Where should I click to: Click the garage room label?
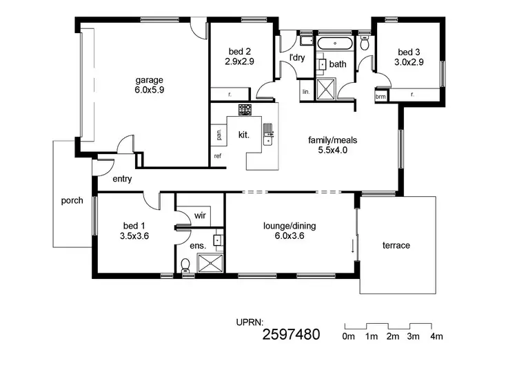tap(149, 79)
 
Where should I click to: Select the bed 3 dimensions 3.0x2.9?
tap(409, 62)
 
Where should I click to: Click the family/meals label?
tap(332, 139)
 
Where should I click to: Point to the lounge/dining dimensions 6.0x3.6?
tap(289, 235)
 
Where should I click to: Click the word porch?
tap(72, 201)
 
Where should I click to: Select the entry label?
tap(122, 180)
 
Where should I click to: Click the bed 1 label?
tap(134, 225)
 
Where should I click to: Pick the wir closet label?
tap(200, 215)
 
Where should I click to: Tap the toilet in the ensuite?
tap(185, 265)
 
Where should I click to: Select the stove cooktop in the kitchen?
tap(245, 109)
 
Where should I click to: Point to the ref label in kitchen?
tap(218, 156)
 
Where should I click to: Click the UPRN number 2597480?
tap(291, 336)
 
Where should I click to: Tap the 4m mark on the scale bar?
tap(436, 336)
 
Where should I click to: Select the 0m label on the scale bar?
tap(348, 336)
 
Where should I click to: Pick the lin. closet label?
tap(305, 91)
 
